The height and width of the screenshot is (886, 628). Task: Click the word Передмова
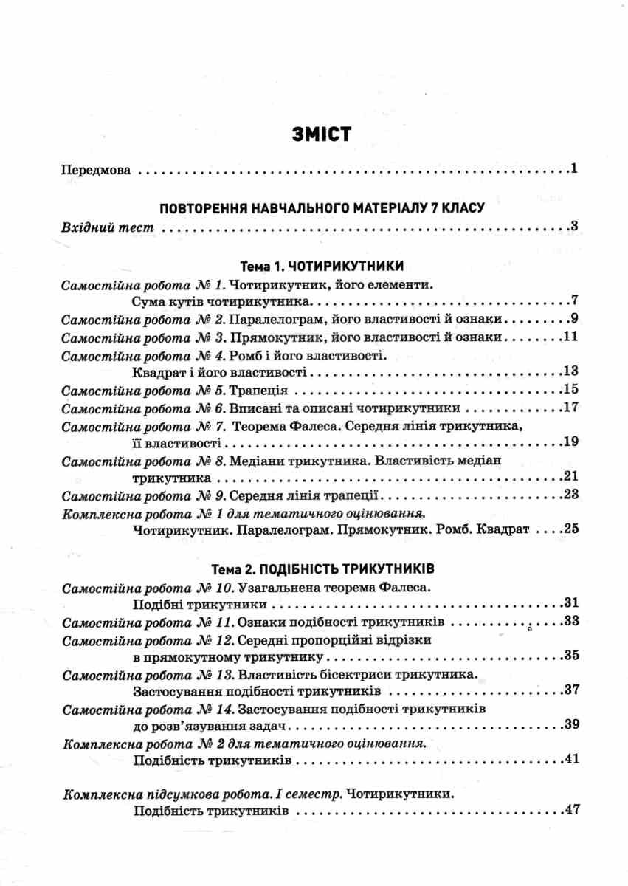pyautogui.click(x=96, y=170)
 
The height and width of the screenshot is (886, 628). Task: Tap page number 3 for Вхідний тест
pyautogui.click(x=573, y=226)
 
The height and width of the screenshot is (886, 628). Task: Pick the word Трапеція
pyautogui.click(x=259, y=390)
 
